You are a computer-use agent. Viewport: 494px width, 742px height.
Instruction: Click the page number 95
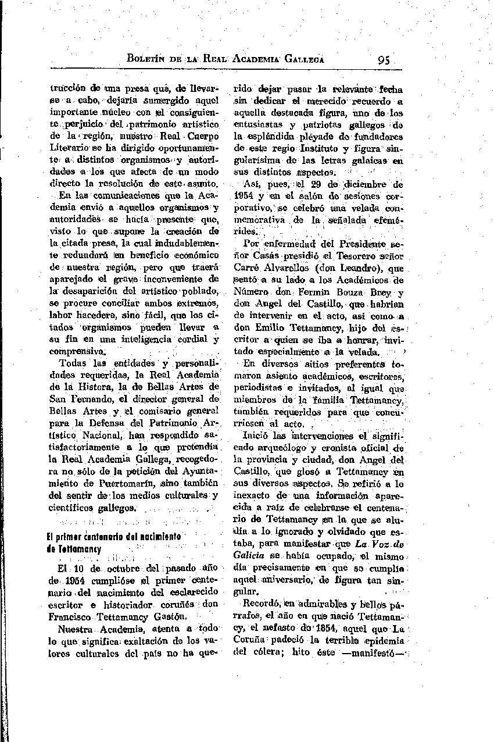click(x=384, y=59)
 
